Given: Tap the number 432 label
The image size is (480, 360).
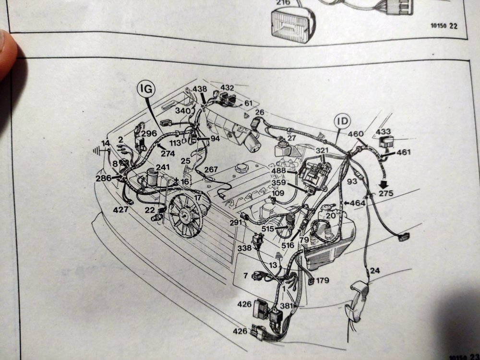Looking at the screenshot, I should click(227, 88).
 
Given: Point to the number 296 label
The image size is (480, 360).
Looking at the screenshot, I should click(149, 133).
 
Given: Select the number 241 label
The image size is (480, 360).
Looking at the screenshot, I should click(163, 167).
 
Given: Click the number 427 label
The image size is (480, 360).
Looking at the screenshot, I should click(120, 209).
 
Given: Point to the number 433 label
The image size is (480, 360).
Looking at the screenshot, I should click(383, 131).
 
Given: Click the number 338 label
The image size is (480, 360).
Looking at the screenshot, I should click(244, 248).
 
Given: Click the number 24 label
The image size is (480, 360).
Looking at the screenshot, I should click(375, 270).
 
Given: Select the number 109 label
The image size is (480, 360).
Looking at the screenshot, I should click(278, 193).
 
